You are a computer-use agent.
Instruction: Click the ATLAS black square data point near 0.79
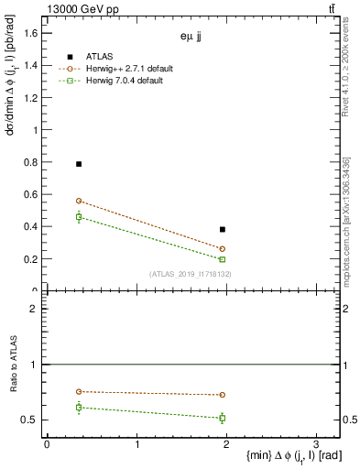pyautogui.click(x=79, y=164)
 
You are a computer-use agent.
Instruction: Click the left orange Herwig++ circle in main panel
pyautogui.click(x=79, y=201)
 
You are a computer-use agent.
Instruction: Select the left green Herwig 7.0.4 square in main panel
pyautogui.click(x=79, y=217)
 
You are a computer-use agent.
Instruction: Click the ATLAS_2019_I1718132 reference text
pyautogui.click(x=191, y=274)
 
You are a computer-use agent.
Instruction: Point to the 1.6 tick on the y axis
pyautogui.click(x=32, y=33)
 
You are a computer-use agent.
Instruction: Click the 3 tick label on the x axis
pyautogui.click(x=315, y=444)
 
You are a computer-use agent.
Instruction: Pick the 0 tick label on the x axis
pyautogui.click(x=47, y=444)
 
